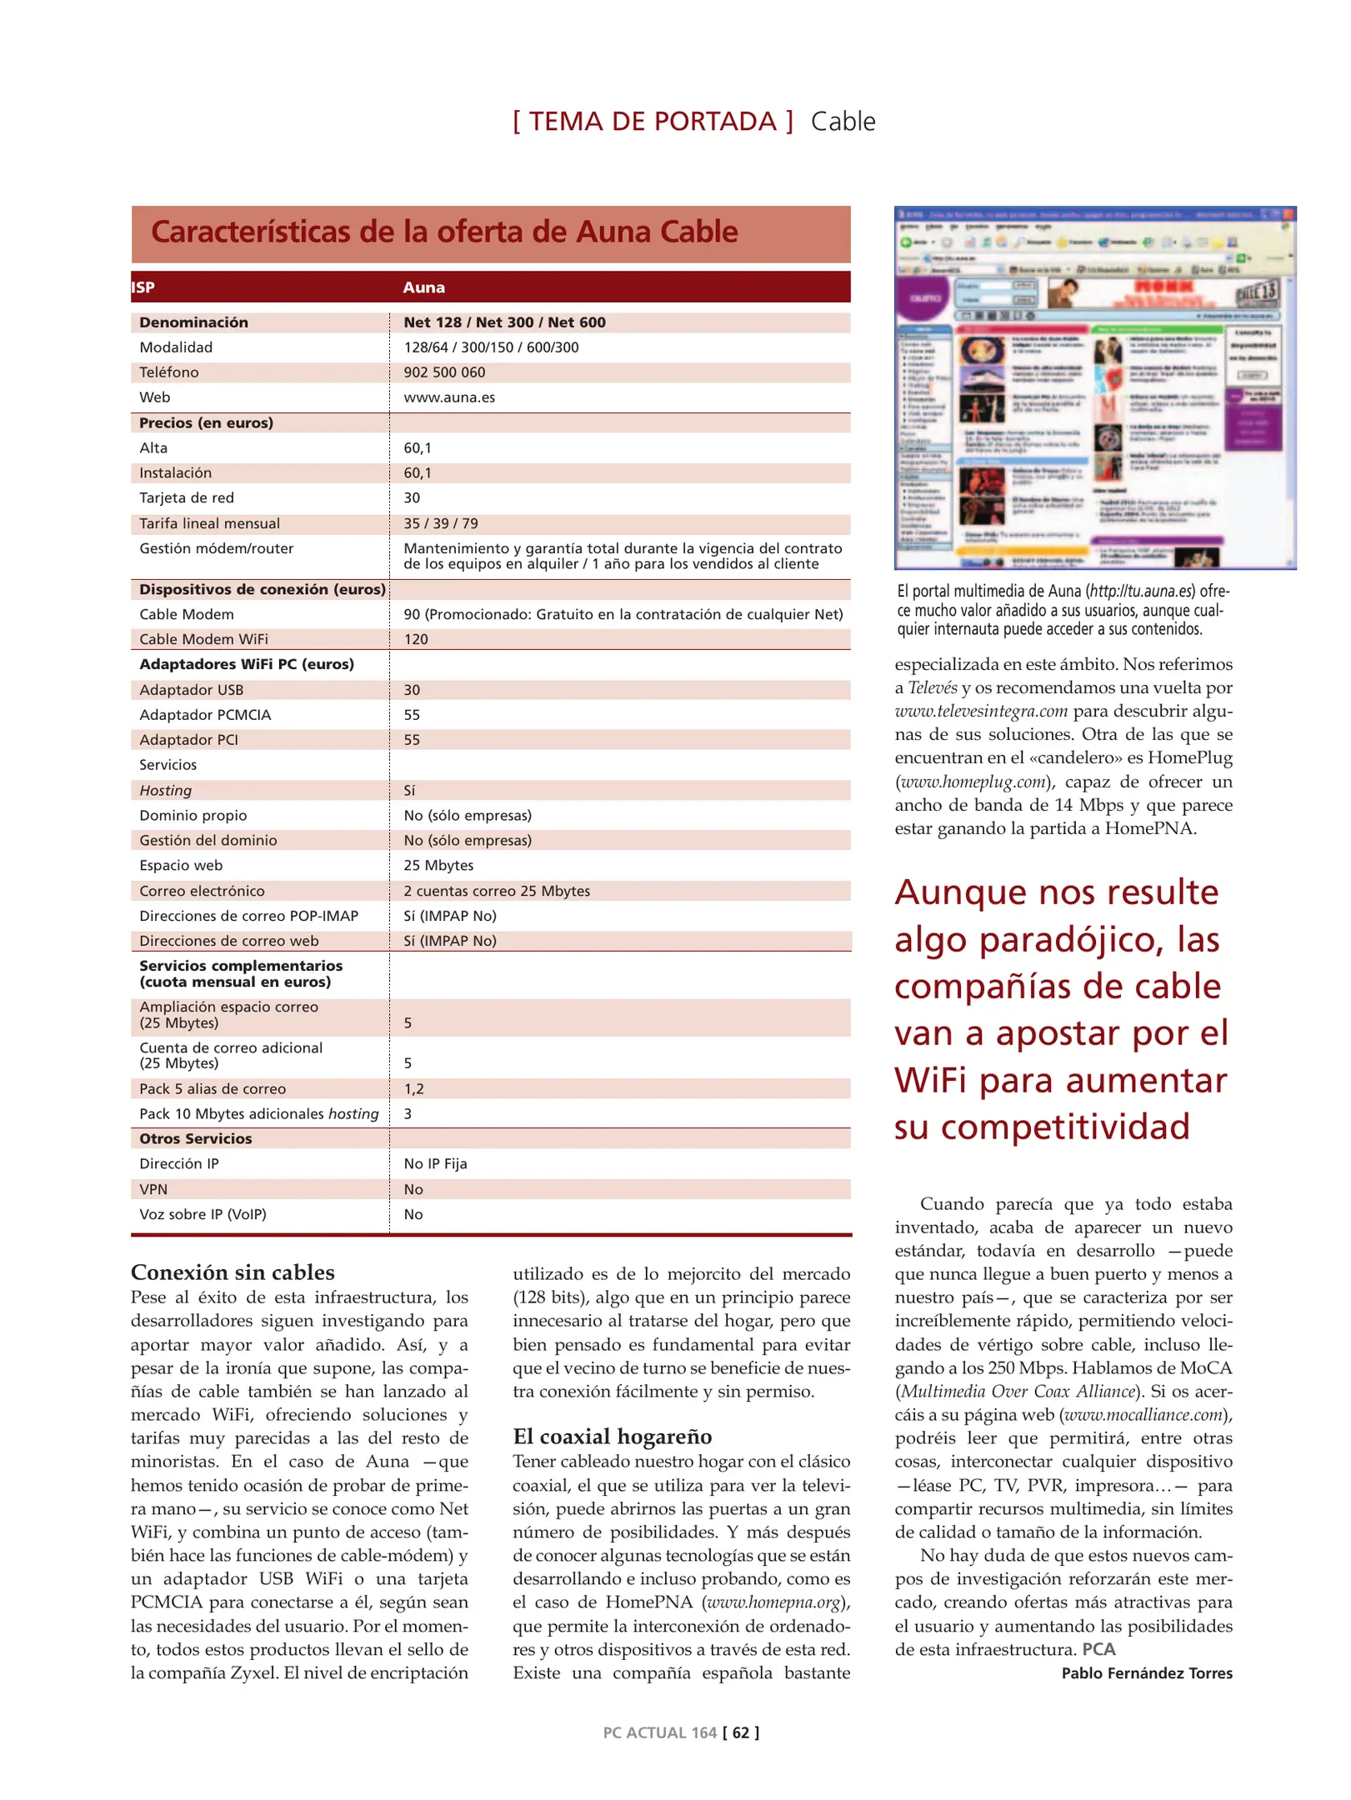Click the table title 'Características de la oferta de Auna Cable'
443,232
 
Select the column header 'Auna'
423,287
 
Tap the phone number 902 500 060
444,372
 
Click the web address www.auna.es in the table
449,397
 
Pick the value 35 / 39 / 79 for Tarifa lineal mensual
441,523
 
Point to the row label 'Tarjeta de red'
187,497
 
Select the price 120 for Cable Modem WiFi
416,639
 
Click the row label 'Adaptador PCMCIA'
205,715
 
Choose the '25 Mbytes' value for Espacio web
438,865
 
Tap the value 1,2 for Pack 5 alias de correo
413,1088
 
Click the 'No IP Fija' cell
435,1163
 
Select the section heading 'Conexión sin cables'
233,1272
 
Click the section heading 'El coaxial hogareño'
612,1437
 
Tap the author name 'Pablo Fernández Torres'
1146,1673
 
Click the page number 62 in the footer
740,1732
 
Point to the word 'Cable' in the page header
843,122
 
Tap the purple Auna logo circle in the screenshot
923,298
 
